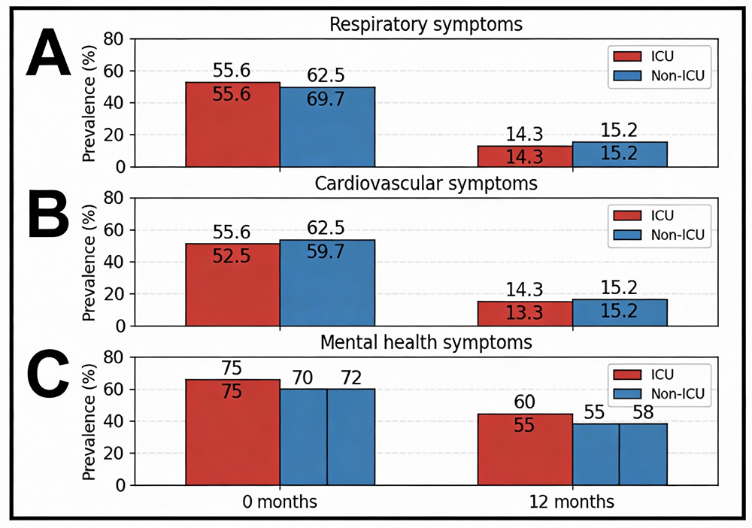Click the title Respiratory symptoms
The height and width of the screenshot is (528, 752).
(x=426, y=25)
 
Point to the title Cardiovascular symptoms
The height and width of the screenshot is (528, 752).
(x=426, y=184)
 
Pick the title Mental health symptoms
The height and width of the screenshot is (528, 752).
(x=426, y=343)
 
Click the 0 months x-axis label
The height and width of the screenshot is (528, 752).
(x=280, y=502)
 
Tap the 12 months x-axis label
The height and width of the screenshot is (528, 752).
(x=572, y=502)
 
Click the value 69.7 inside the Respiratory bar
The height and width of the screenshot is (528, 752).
(x=326, y=99)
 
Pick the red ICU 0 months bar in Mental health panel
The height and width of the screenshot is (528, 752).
(x=233, y=444)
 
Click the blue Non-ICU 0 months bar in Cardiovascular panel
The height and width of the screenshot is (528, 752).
(x=327, y=293)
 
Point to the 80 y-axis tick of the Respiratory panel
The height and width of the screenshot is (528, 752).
(x=113, y=39)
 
